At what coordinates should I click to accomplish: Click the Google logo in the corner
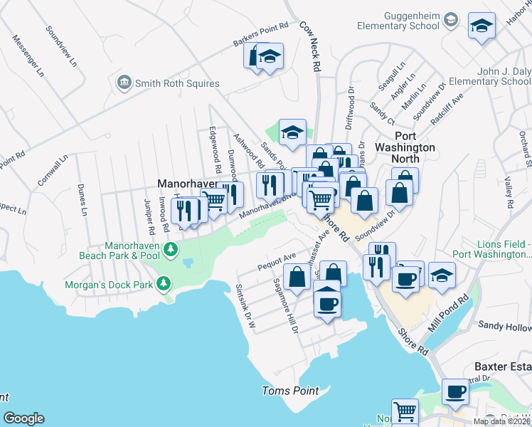pyautogui.click(x=23, y=418)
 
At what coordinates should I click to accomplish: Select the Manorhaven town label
pyautogui.click(x=186, y=183)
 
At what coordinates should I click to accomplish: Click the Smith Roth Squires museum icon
pyautogui.click(x=125, y=83)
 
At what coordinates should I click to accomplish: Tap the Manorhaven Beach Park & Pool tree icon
pyautogui.click(x=170, y=250)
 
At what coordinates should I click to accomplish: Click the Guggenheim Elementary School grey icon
pyautogui.click(x=449, y=21)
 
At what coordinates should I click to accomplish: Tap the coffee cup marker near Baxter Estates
pyautogui.click(x=455, y=391)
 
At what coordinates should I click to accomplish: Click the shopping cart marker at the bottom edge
pyautogui.click(x=405, y=411)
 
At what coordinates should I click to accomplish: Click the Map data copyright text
pyautogui.click(x=501, y=421)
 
